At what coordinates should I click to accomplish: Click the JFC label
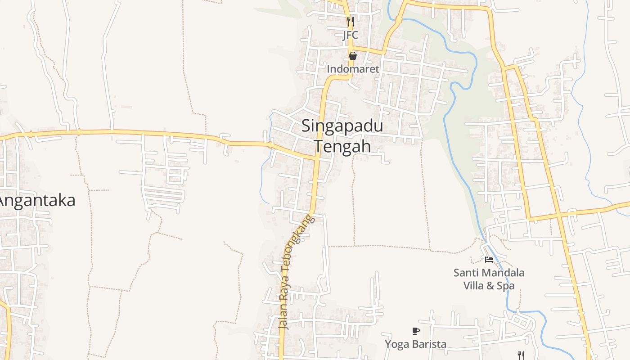[x=350, y=35]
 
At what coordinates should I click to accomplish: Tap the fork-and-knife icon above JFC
[x=351, y=21]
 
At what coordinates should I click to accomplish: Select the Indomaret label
[x=353, y=69]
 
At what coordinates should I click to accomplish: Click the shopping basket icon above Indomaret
[x=353, y=56]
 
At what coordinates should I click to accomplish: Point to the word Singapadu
[x=342, y=126]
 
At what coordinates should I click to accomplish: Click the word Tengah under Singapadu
[x=342, y=146]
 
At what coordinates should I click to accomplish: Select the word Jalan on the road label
[x=283, y=318]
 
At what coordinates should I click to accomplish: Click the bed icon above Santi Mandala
[x=489, y=259]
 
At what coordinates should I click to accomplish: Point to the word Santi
[x=465, y=273]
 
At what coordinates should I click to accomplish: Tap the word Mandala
[x=502, y=273]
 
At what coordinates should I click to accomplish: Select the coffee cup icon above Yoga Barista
[x=416, y=331]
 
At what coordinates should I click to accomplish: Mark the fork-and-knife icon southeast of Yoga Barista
[x=521, y=355]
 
